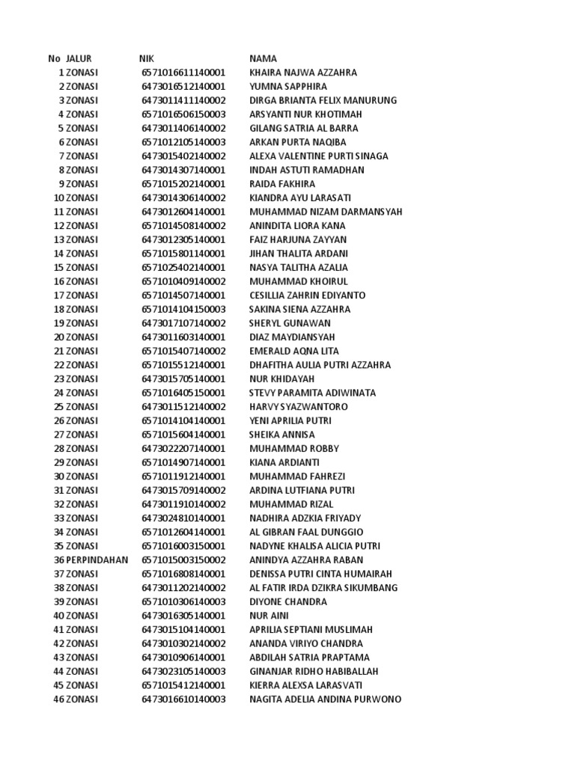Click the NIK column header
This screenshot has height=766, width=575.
147,58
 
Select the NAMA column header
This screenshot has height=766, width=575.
263,58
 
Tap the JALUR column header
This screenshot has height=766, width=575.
79,58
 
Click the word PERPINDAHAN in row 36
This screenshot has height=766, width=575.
97,560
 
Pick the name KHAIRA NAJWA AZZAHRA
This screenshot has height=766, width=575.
303,73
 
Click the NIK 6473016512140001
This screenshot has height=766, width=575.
183,87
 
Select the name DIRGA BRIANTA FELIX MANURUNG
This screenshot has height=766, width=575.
323,100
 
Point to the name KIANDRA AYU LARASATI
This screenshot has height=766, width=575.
299,197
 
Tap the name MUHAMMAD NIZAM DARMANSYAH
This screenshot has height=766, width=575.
326,212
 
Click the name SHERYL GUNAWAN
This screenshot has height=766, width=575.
290,323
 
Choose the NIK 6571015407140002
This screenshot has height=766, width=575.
183,351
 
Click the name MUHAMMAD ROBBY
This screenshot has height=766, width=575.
294,449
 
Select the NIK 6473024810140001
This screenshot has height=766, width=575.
183,518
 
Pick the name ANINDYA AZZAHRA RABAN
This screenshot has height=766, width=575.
306,560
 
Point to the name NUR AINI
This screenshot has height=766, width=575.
269,616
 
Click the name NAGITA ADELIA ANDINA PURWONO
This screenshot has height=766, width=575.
325,699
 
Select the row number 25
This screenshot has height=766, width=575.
58,407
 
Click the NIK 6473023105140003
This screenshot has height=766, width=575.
183,672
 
